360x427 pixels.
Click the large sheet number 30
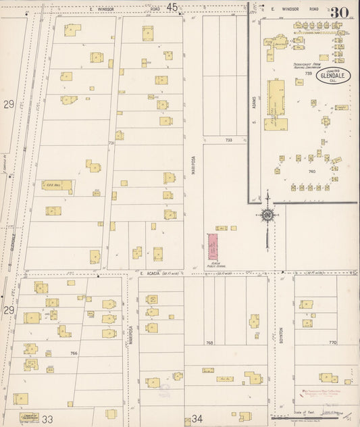[x=340, y=11]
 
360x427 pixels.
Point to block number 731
[x=111, y=143]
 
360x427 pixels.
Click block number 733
[x=228, y=140]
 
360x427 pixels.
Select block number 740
[x=312, y=172]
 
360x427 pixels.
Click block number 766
[x=74, y=353]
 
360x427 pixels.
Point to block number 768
[x=209, y=343]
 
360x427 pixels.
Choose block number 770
[x=332, y=343]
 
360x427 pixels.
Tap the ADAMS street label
[x=255, y=101]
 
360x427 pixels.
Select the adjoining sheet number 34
[x=197, y=420]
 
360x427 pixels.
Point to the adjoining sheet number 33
[x=48, y=420]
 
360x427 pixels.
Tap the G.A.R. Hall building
[x=57, y=185]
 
